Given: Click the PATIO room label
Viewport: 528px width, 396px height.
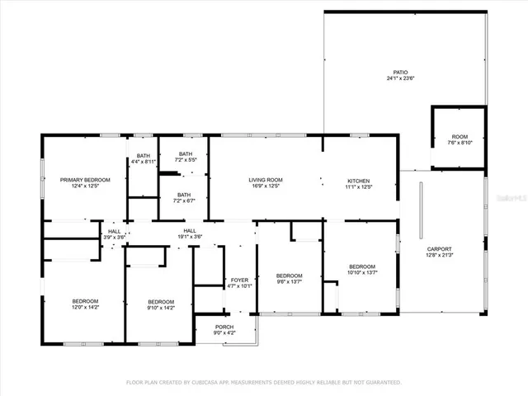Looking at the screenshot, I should pos(401,73).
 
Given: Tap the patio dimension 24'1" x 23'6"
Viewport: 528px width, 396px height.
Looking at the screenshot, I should pos(401,79).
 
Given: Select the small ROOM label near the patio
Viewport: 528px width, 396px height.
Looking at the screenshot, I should pos(459,136).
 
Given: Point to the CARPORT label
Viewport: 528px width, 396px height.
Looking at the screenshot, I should pos(439,248).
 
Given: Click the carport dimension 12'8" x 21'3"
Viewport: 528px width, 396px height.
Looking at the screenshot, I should pos(439,255).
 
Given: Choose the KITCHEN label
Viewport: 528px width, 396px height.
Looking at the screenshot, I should pos(358,180).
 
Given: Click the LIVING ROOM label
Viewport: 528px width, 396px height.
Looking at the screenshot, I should pos(266,180).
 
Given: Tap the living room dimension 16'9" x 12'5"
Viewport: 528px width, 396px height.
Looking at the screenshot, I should pos(266,186).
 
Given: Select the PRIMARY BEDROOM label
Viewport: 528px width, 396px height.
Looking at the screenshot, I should pos(85,179).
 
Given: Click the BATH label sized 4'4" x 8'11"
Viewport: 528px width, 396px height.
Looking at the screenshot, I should pos(144,155).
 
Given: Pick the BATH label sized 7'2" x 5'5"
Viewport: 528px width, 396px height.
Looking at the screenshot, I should pos(186,153).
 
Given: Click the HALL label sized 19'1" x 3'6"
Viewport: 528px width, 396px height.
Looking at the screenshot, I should pos(190,230).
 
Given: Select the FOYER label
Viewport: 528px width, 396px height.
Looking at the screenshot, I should pos(239,280).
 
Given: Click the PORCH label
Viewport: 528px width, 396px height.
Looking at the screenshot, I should pos(224,327).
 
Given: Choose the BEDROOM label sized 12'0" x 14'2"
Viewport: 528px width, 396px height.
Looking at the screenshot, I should pos(85,300).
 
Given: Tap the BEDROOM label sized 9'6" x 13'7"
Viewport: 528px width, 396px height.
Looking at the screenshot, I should pos(289,275).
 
